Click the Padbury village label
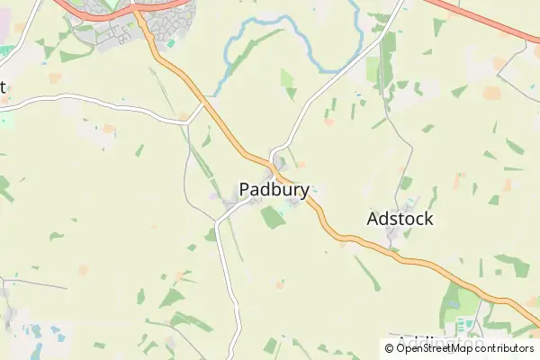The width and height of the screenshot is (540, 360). click(x=274, y=190)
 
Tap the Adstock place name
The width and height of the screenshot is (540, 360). click(x=400, y=219)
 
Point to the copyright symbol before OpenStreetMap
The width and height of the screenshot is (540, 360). click(x=390, y=348)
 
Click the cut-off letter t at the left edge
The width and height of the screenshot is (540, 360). click(x=3, y=87)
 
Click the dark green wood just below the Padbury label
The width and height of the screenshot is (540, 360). click(x=273, y=218)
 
